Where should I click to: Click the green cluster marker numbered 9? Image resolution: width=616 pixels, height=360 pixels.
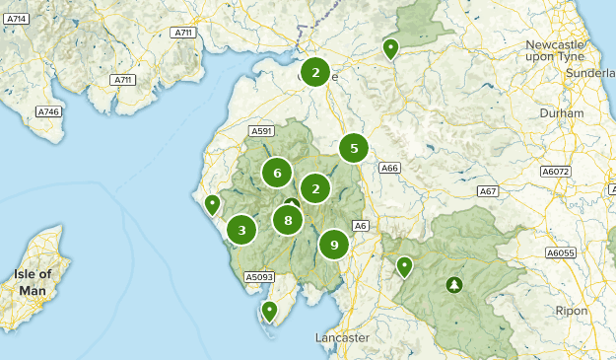[x=334, y=244]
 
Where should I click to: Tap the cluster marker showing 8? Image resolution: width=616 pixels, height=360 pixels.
[x=288, y=220]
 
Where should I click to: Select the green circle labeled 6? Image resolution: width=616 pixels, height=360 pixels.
[x=278, y=174]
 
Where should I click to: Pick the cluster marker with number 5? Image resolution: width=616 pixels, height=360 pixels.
[x=353, y=148]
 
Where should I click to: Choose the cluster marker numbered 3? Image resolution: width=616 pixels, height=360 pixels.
[x=241, y=230]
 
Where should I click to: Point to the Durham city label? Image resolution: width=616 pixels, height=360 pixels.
[x=562, y=113]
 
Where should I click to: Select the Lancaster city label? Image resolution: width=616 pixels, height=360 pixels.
[x=342, y=337]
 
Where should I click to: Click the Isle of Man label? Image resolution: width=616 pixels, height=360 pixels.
[x=32, y=282]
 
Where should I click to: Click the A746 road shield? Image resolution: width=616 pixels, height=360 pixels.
[x=48, y=112]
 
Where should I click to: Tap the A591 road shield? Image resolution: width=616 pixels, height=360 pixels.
[x=261, y=131]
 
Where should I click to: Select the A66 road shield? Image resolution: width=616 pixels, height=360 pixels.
[x=390, y=168]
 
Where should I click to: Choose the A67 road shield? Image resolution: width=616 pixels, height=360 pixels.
[x=488, y=190]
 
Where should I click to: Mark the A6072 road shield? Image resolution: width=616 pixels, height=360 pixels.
[x=557, y=172]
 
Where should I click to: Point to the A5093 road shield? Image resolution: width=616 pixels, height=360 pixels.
[x=259, y=277]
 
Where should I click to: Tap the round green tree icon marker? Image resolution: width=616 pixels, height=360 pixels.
[x=453, y=285]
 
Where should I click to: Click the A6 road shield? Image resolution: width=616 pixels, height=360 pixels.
[x=361, y=226]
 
